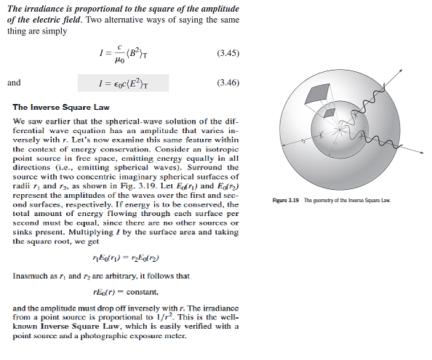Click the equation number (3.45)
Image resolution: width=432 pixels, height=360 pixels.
pyautogui.click(x=228, y=55)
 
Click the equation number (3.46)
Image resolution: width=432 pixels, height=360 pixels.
pyautogui.click(x=228, y=82)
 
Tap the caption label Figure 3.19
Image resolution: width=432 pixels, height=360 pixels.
pyautogui.click(x=286, y=199)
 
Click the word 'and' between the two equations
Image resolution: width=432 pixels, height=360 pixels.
pyautogui.click(x=15, y=82)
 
